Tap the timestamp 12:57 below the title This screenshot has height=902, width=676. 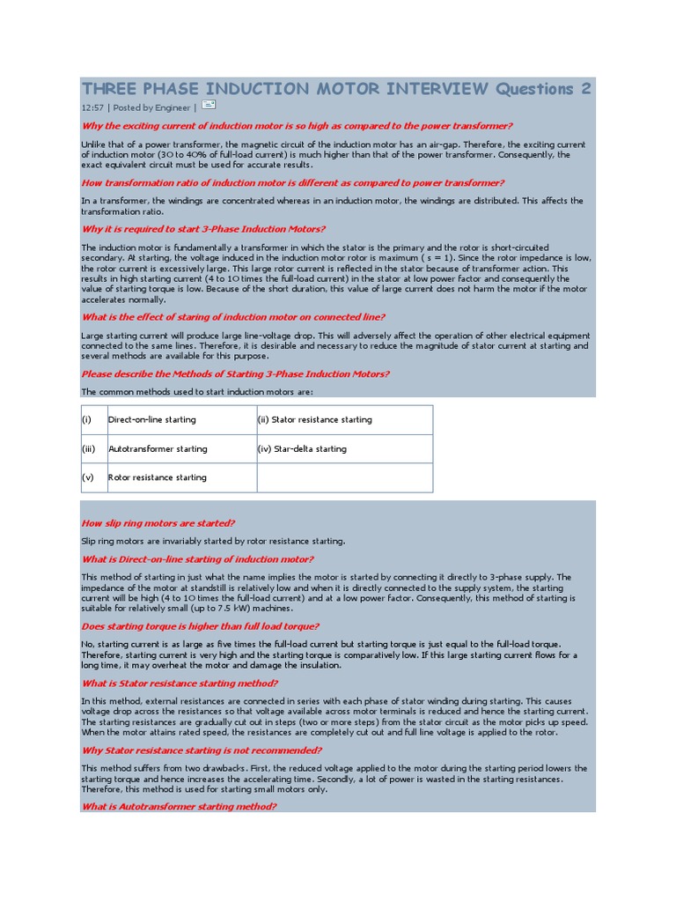(92, 107)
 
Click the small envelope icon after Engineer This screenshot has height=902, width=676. (208, 105)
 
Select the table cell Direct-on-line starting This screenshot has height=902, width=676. (151, 420)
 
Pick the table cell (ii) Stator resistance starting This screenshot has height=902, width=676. (314, 420)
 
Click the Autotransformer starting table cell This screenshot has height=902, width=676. (158, 449)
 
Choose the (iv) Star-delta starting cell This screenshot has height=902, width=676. (302, 449)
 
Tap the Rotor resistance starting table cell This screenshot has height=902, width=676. (157, 477)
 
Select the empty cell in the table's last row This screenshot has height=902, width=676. (344, 477)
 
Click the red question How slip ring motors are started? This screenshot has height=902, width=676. (158, 523)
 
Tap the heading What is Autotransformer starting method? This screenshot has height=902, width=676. (180, 807)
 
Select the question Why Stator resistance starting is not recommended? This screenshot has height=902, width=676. (202, 750)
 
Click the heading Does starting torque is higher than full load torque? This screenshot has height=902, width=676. (200, 626)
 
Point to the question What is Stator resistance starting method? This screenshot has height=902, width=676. (180, 684)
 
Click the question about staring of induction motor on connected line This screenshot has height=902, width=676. (232, 317)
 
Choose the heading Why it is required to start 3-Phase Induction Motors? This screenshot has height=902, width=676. (203, 229)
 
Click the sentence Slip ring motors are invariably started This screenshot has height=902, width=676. (213, 541)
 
